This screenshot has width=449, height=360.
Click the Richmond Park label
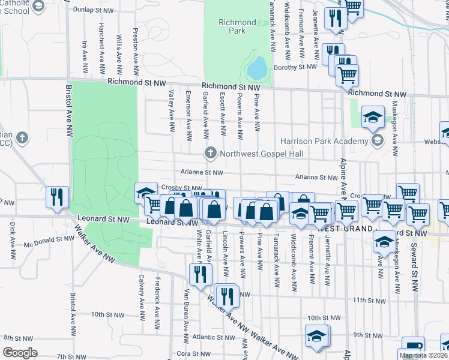237,26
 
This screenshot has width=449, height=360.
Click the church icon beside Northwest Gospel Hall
210,154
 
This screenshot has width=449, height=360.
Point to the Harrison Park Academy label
331,142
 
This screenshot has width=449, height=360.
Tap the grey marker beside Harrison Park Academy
378,142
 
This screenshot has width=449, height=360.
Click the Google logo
20,352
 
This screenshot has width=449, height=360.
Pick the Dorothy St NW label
295,68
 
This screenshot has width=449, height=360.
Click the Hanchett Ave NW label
101,43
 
